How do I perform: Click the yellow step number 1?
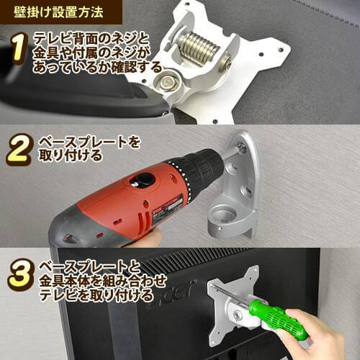pos(19,49)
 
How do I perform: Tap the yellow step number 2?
pos(19,150)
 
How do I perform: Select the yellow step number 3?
pos(19,275)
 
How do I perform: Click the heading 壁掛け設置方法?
pos(58,12)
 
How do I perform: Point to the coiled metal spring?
pos(199,48)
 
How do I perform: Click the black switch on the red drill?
pos(142,179)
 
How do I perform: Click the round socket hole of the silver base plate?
pos(221,214)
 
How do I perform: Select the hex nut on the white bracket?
pos(168,82)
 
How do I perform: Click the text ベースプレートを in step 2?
pos(89,143)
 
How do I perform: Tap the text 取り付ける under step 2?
pos(71,156)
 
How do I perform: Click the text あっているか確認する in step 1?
pos(97,67)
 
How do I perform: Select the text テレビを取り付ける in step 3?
pos(96,295)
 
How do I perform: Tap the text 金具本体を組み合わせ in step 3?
pos(103,282)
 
